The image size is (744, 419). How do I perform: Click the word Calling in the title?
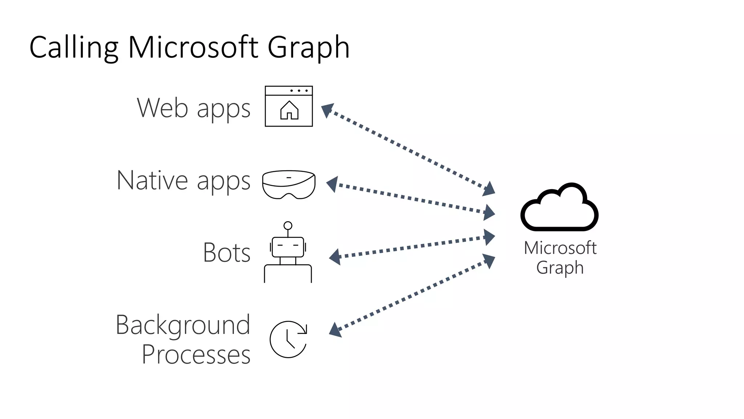tap(74, 48)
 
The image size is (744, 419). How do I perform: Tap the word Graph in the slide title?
tap(308, 48)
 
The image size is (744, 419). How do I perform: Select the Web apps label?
tap(194, 108)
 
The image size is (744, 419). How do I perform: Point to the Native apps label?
tap(183, 180)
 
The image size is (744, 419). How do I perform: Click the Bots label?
tap(227, 252)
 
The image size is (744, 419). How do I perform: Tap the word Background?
tap(183, 325)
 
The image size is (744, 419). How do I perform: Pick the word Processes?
tap(196, 354)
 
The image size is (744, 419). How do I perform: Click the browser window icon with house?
tap(289, 106)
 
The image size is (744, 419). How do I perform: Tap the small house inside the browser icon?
tap(289, 110)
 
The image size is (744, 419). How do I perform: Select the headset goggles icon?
tap(289, 184)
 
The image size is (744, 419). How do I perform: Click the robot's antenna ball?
tap(288, 226)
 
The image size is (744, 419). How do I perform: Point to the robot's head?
tap(288, 247)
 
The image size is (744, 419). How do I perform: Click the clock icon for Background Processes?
tap(288, 339)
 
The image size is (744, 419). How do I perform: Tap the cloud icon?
tap(559, 207)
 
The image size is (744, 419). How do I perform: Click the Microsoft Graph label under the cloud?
tap(560, 258)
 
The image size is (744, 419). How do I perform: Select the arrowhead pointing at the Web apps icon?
tap(327, 109)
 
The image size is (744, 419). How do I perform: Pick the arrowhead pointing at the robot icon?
tap(335, 257)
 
